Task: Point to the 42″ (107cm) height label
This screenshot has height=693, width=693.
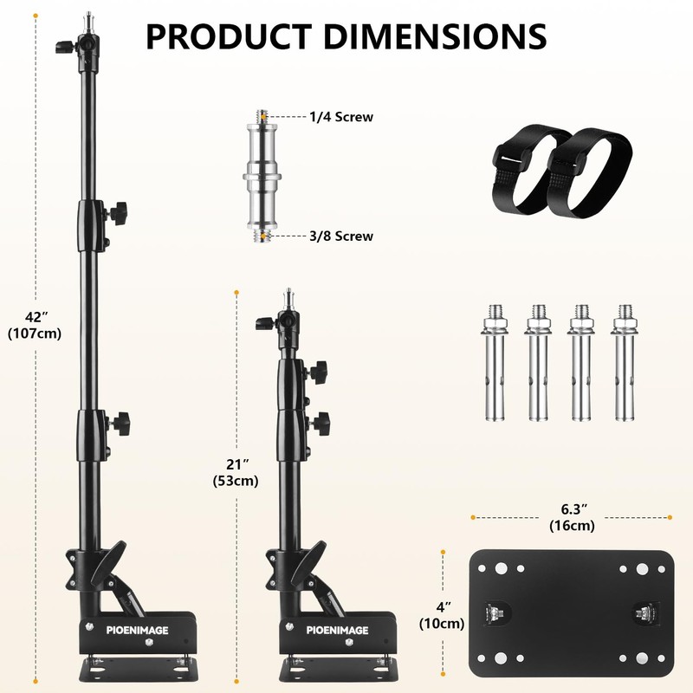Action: [x=35, y=323]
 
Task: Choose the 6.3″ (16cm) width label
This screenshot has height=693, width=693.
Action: [x=571, y=516]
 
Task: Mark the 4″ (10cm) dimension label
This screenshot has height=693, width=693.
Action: [x=442, y=614]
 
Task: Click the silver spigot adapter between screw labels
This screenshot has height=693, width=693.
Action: [x=262, y=177]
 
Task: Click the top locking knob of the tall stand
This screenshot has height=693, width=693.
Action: [x=63, y=45]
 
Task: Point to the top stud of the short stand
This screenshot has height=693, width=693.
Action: [x=290, y=298]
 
